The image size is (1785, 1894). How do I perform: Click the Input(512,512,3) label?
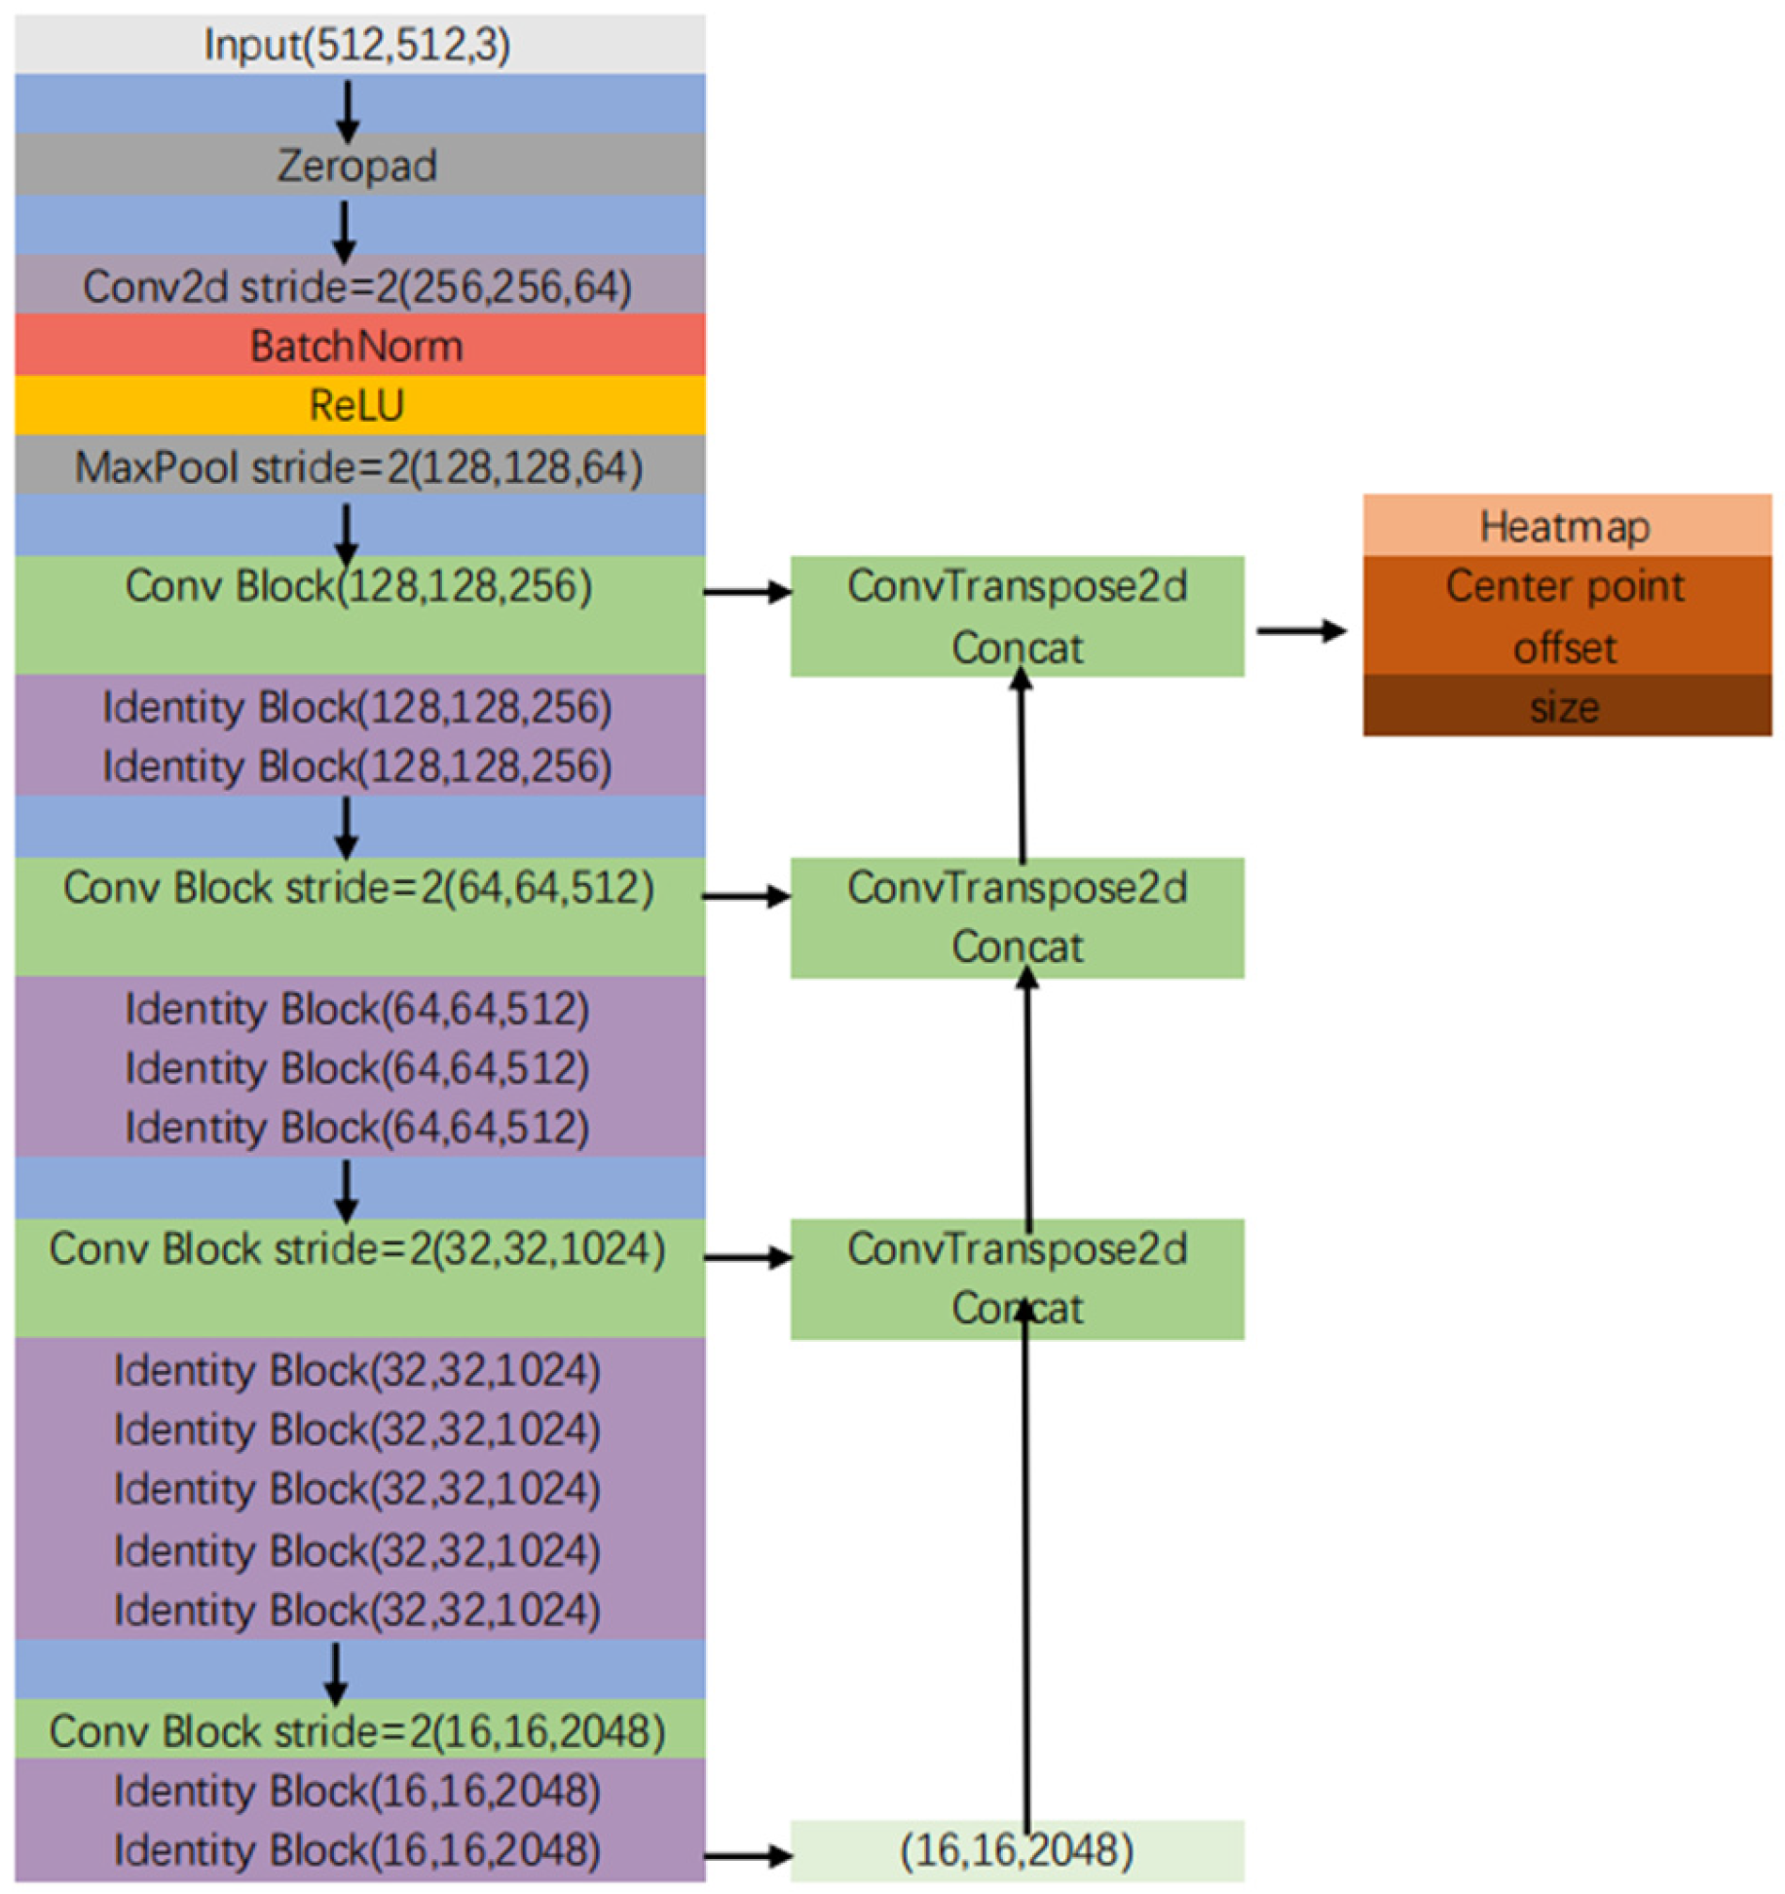pos(356,45)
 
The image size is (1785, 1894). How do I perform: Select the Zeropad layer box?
pos(356,165)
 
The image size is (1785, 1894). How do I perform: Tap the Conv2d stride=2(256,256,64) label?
pos(356,286)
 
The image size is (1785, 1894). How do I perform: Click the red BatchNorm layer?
pos(356,346)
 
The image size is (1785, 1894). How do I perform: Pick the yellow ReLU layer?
pos(356,405)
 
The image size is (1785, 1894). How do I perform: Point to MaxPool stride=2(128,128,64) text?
pos(358,466)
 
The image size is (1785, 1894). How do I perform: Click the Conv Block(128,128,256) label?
pos(358,586)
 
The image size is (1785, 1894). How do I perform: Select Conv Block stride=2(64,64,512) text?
pos(358,887)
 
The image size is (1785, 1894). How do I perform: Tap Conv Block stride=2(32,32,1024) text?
pos(358,1248)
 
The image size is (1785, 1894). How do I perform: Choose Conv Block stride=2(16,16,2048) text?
pos(358,1730)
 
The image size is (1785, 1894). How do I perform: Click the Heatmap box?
pos(1565,526)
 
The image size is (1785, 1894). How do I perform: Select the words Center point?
pos(1565,586)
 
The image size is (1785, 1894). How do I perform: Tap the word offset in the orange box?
pos(1565,648)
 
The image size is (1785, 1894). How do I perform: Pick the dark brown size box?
pos(1565,706)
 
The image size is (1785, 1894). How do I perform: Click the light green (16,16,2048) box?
pos(1017,1850)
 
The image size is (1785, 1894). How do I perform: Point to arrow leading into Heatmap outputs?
pos(1301,631)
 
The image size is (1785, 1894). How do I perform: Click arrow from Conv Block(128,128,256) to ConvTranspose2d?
pos(747,591)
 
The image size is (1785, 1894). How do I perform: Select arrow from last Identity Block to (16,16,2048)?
pos(747,1856)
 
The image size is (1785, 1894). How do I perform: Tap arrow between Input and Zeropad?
pos(348,109)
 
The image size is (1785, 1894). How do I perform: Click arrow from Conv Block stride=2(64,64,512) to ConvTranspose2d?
pos(747,896)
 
